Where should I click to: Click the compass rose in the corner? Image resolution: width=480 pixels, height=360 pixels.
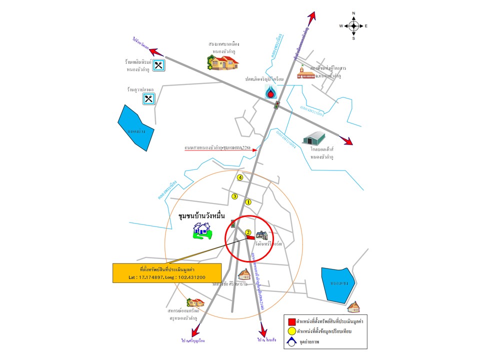pyautogui.click(x=353, y=25)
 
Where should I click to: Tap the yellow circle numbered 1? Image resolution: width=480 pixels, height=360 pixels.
pyautogui.click(x=248, y=202)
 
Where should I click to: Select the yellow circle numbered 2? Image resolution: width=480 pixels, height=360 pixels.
pyautogui.click(x=247, y=232)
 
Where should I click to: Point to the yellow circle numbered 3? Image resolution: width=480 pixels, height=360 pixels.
pyautogui.click(x=234, y=196)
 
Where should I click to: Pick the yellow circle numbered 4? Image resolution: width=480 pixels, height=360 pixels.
pyautogui.click(x=240, y=177)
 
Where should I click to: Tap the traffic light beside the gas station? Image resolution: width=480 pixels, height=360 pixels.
pyautogui.click(x=276, y=105)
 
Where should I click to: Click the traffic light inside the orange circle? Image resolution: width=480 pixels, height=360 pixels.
pyautogui.click(x=232, y=223)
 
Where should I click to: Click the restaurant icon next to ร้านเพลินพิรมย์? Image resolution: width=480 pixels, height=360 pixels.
pyautogui.click(x=158, y=65)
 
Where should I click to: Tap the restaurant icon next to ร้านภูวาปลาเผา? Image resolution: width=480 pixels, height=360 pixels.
pyautogui.click(x=148, y=98)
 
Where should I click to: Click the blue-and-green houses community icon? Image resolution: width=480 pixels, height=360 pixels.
pyautogui.click(x=202, y=230)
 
